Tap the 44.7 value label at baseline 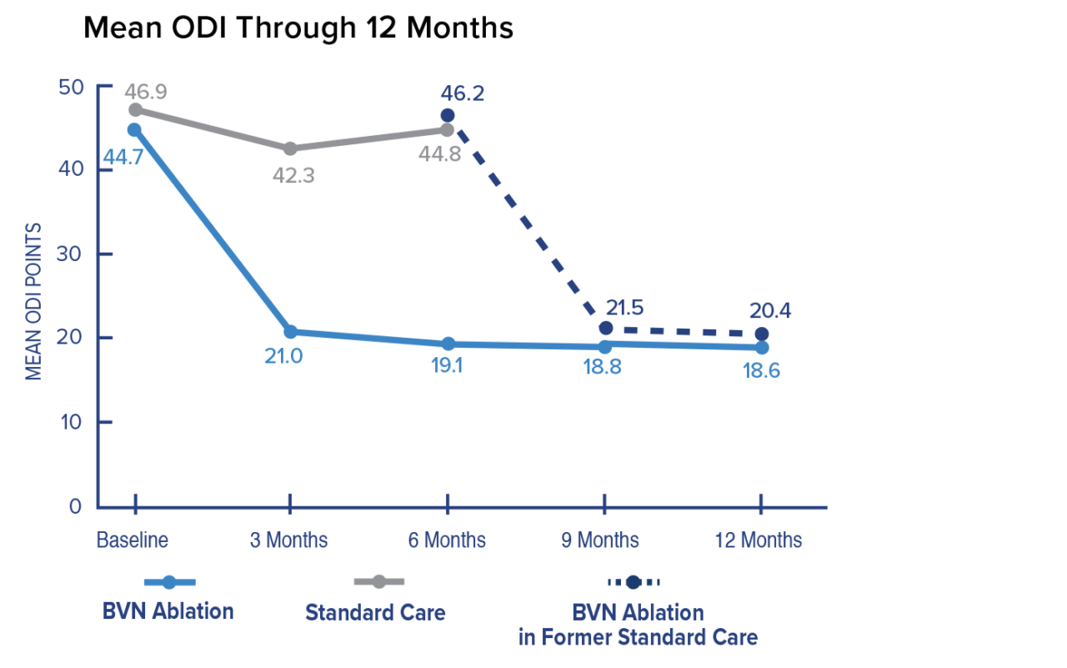(x=123, y=156)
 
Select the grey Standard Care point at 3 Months (x=290, y=148)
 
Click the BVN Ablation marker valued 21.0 (x=290, y=333)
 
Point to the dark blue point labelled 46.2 (x=448, y=115)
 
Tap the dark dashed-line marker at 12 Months (x=761, y=334)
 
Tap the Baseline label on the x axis (x=133, y=540)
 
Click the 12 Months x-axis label (x=759, y=540)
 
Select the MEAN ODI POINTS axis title (x=33, y=300)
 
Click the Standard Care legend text (x=375, y=613)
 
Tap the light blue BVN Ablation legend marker (x=169, y=582)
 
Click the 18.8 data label (x=603, y=368)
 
